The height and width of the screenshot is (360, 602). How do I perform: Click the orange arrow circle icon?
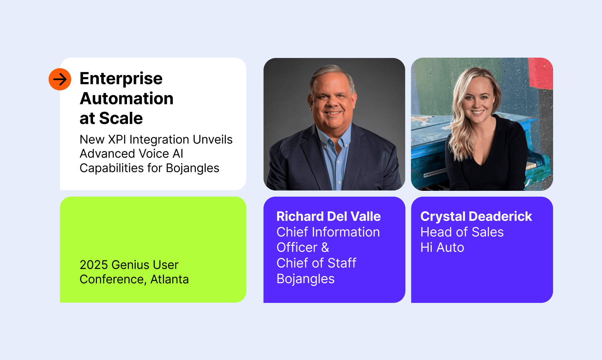pos(60,79)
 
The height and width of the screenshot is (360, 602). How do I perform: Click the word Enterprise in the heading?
pos(121,79)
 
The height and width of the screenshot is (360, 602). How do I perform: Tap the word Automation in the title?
pos(127,98)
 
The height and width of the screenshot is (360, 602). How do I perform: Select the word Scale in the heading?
pos(121,118)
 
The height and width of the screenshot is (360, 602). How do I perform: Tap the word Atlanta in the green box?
pos(170,279)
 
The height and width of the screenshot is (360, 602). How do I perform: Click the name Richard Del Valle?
pos(329,217)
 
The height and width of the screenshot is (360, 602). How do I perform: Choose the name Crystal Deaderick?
pos(476,217)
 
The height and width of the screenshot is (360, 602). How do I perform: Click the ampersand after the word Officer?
pos(325,248)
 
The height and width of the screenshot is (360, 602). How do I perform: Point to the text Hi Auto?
pos(442,248)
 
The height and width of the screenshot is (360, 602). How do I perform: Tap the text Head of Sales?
pos(462,232)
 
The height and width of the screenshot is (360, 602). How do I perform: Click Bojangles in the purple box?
pos(305,279)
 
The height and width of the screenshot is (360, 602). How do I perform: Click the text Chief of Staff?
pos(316,263)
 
